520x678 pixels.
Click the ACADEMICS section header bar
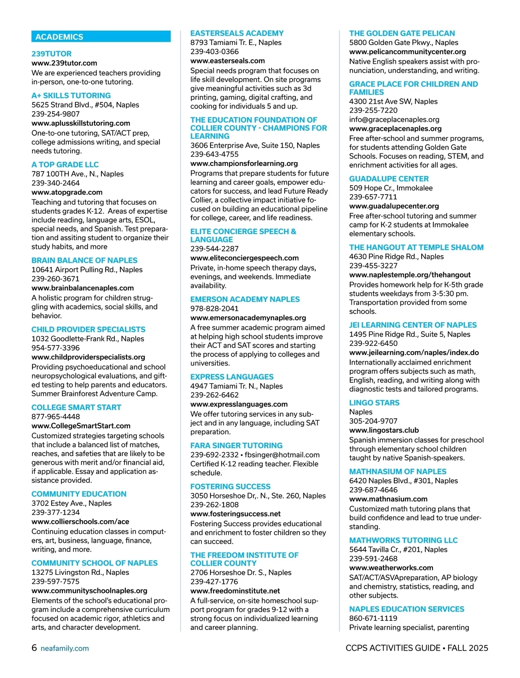[101, 37]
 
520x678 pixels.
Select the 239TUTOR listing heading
[52, 54]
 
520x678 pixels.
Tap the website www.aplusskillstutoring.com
[81, 123]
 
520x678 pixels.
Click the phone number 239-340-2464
[55, 183]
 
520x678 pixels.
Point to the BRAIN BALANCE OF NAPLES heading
[84, 260]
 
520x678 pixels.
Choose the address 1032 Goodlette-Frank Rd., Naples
[88, 339]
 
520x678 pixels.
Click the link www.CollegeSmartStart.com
[81, 426]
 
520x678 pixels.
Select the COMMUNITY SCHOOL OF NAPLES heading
[94, 563]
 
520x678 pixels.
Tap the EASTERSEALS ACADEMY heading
[237, 33]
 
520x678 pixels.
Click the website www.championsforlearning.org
[244, 163]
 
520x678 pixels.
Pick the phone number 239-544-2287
[214, 248]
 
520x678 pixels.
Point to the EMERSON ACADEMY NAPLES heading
[245, 299]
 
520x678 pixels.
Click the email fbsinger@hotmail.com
[282, 455]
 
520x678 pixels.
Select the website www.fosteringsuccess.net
[235, 514]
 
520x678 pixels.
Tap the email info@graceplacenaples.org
[394, 119]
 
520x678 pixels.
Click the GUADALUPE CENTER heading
[389, 179]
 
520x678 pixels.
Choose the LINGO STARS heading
[374, 403]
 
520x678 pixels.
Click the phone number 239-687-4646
[373, 490]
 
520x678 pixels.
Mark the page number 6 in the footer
[34, 648]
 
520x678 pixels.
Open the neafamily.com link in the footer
[65, 649]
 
